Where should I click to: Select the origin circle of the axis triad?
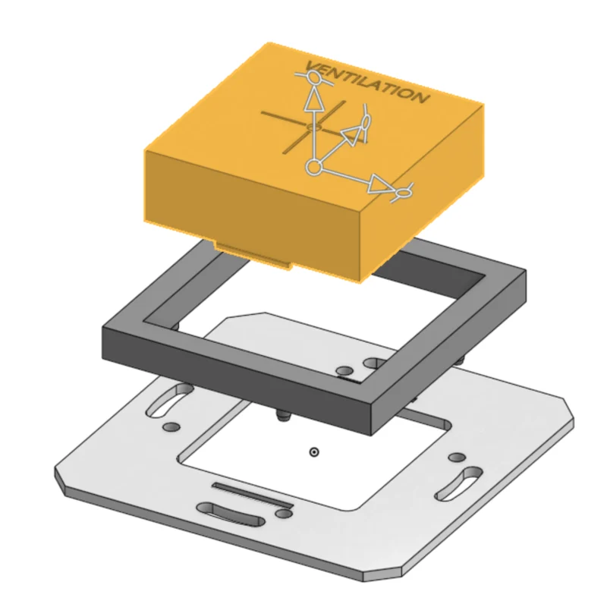click(314, 167)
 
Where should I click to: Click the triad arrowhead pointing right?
click(379, 184)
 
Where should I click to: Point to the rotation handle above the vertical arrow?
click(313, 79)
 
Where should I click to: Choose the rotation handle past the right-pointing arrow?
click(403, 192)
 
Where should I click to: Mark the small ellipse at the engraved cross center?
click(314, 127)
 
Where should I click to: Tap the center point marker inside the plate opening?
click(314, 451)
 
